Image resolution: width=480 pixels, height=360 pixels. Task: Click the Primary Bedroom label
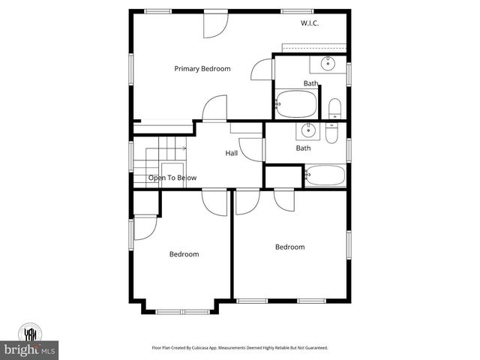[202, 69]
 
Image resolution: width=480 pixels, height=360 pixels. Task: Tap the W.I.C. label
[310, 24]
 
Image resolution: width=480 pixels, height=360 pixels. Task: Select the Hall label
[232, 153]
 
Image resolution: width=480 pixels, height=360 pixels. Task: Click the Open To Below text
[172, 178]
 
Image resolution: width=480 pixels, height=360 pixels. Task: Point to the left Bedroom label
[184, 254]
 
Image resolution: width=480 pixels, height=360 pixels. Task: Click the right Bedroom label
[289, 247]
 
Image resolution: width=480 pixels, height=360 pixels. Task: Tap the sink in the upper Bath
[327, 64]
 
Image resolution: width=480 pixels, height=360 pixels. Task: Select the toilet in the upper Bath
[334, 108]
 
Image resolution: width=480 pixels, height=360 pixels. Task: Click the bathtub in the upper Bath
[296, 104]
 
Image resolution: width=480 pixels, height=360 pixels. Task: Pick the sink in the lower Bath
[307, 132]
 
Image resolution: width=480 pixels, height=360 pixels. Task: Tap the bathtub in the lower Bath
[325, 175]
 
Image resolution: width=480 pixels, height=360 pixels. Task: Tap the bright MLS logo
[30, 349]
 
